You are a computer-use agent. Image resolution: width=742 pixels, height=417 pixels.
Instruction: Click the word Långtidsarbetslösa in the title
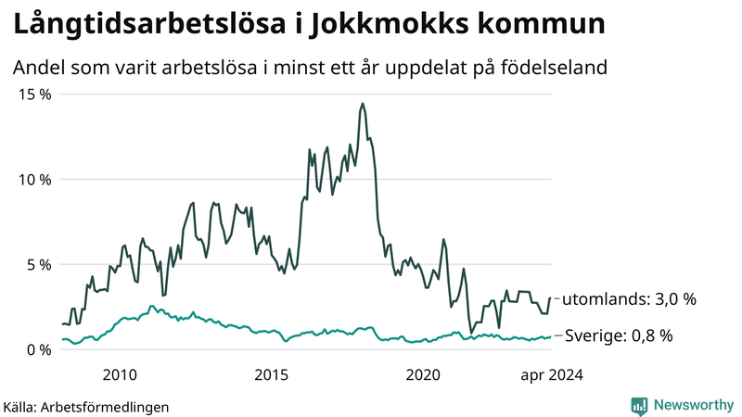click(145, 25)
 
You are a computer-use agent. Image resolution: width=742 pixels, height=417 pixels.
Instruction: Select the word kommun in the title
click(543, 25)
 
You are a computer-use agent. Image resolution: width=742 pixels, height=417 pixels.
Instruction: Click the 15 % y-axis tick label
click(32, 94)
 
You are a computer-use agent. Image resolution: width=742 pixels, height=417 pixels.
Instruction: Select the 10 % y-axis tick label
click(32, 179)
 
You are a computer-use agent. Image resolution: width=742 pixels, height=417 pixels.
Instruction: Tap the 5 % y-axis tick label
click(36, 264)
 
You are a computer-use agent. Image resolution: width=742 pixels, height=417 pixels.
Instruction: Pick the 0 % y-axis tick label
click(36, 349)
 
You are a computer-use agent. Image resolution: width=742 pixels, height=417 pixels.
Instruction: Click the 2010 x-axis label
click(120, 374)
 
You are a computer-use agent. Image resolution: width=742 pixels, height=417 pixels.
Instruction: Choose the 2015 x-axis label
click(272, 374)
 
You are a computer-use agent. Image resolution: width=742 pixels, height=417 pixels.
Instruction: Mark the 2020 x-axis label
click(424, 374)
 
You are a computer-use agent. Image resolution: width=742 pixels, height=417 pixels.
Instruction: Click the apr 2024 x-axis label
click(551, 374)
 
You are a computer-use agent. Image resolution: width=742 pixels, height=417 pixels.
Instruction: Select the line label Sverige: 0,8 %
click(619, 335)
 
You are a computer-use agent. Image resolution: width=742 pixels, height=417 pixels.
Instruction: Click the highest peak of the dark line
click(362, 104)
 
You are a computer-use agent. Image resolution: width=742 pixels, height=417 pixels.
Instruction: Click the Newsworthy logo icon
click(639, 405)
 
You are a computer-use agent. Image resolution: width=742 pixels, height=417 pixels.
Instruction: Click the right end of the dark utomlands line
click(550, 298)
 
